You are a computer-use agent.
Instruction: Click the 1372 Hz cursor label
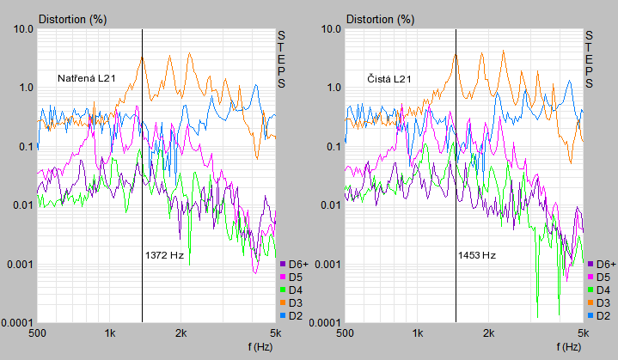click(164, 255)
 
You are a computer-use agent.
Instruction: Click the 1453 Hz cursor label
click(477, 255)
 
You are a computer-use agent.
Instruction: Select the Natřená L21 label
click(87, 78)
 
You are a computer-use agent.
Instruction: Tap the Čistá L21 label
click(389, 79)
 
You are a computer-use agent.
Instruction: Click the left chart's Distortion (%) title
click(72, 19)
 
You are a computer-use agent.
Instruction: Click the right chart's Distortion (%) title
click(380, 19)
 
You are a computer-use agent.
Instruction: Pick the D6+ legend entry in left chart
click(295, 265)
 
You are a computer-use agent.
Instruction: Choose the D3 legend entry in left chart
click(291, 303)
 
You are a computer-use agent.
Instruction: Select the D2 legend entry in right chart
click(599, 316)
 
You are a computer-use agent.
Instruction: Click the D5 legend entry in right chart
click(599, 278)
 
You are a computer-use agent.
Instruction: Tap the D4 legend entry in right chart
click(599, 290)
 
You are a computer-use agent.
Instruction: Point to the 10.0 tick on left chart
click(23, 28)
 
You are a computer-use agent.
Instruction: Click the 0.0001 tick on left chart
click(17, 323)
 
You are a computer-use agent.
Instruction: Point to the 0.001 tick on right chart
click(328, 265)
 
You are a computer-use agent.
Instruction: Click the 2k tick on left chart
click(181, 333)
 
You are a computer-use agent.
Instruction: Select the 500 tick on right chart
click(346, 333)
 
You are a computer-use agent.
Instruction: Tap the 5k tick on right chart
click(584, 333)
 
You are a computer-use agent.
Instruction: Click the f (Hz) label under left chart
click(260, 347)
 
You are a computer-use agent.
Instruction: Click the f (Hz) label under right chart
click(569, 347)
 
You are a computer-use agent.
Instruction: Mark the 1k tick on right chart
click(418, 333)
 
